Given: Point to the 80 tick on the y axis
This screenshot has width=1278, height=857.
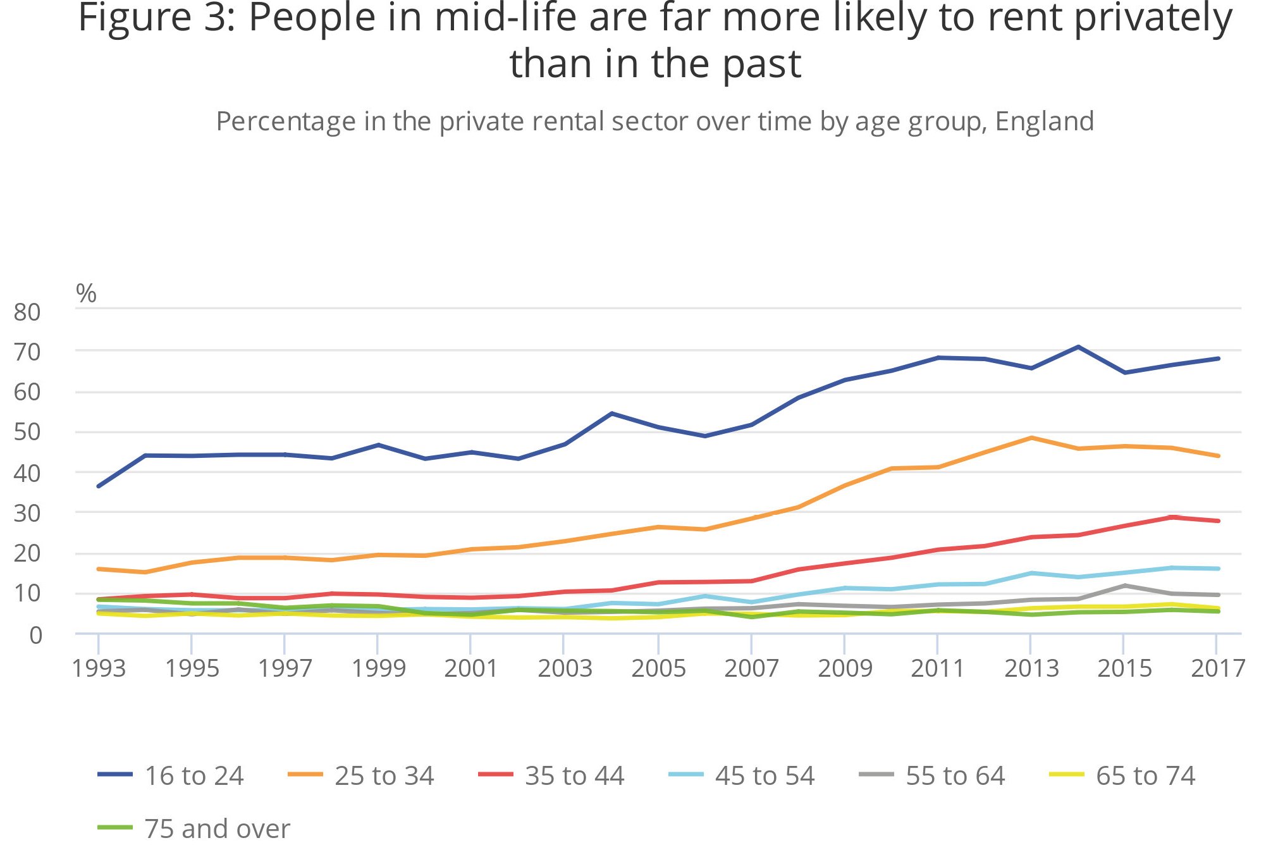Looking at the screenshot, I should click(x=27, y=312).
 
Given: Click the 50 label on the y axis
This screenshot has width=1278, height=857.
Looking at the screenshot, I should click(x=27, y=433).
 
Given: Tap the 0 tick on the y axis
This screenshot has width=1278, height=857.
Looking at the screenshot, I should click(x=35, y=635).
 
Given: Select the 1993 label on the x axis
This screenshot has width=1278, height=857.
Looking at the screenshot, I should click(x=99, y=669).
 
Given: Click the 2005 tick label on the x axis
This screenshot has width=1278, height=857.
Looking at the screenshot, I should click(x=658, y=669).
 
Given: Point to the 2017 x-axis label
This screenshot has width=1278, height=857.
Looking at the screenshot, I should click(x=1217, y=669).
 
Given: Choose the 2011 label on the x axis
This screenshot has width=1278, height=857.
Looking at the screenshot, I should click(x=937, y=669).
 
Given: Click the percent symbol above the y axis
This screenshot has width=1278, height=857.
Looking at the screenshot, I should click(x=86, y=293).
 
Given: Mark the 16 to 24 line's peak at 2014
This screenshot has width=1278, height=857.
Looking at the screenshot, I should click(x=1078, y=347).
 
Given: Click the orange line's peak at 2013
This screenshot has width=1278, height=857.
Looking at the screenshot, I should click(x=1031, y=438).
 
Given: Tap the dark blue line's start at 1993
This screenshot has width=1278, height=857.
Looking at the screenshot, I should click(x=99, y=486).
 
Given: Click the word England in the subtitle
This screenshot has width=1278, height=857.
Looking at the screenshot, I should click(x=1044, y=121).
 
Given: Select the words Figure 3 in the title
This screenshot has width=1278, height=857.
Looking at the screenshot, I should click(x=156, y=18).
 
